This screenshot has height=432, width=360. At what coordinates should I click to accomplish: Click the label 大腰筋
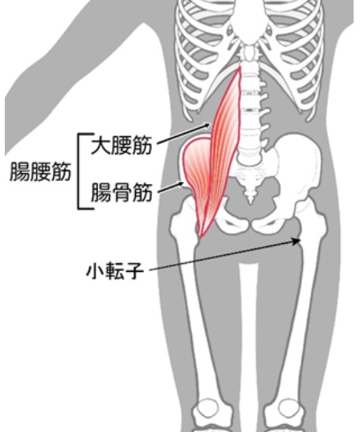point(121,145)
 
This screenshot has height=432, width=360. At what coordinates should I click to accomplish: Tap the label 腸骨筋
point(121,192)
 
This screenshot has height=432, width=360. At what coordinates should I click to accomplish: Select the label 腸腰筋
point(40,171)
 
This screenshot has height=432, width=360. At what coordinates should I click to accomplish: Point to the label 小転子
point(115,271)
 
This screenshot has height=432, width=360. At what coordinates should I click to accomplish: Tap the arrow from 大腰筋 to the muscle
point(184,134)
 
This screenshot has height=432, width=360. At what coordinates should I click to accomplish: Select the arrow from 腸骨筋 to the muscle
point(170,187)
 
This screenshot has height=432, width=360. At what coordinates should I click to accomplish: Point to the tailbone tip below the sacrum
point(250,200)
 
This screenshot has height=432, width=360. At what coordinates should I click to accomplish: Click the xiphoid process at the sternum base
point(250,53)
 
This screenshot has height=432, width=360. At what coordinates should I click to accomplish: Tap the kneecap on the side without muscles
point(287,410)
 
